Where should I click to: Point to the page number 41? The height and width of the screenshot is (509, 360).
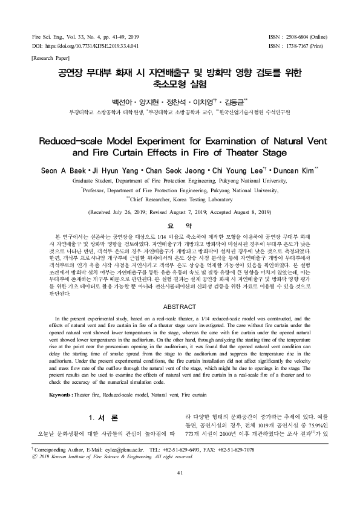pyautogui.click(x=180, y=490)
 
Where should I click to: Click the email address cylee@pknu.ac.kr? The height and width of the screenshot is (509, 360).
pyautogui.click(x=119, y=467)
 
